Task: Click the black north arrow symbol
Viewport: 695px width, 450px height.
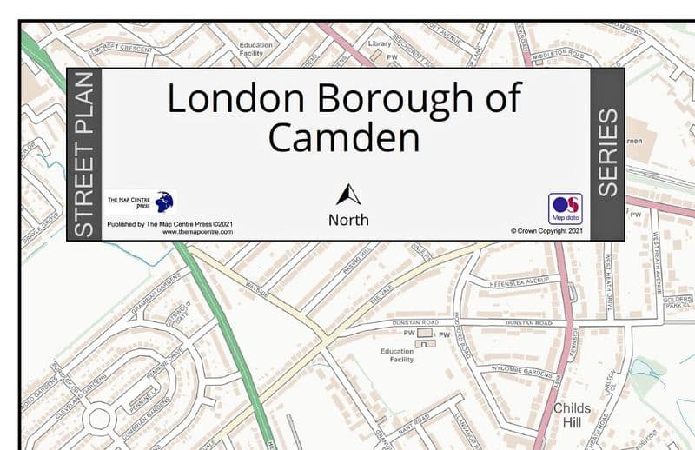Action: [348, 195]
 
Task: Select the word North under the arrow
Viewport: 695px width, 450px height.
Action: [348, 220]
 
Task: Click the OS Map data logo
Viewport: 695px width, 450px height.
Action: [564, 208]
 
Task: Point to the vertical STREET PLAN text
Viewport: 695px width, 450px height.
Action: [84, 156]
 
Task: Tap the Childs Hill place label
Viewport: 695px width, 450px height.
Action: [572, 414]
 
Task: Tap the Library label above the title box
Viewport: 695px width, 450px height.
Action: [380, 43]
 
